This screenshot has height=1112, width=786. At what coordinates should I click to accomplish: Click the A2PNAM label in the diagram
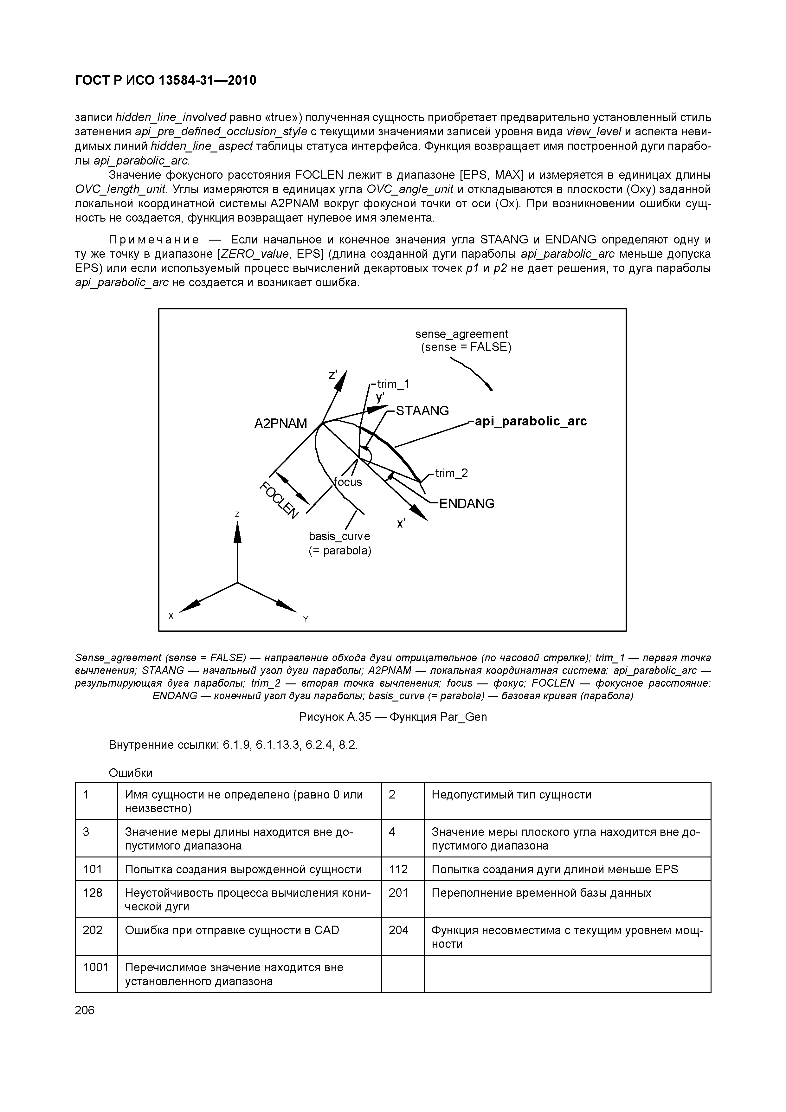click(280, 424)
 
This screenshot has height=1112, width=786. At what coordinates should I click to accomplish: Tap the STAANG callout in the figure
click(422, 411)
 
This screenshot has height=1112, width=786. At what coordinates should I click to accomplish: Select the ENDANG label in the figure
click(466, 504)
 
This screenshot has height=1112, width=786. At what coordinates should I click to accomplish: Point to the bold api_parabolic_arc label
click(530, 421)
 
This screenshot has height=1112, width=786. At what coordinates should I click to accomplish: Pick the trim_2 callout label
click(451, 473)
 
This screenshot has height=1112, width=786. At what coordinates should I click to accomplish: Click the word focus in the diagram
click(348, 482)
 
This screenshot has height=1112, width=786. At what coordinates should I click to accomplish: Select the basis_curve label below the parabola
click(339, 536)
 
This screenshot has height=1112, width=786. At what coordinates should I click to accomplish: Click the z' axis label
click(333, 375)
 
